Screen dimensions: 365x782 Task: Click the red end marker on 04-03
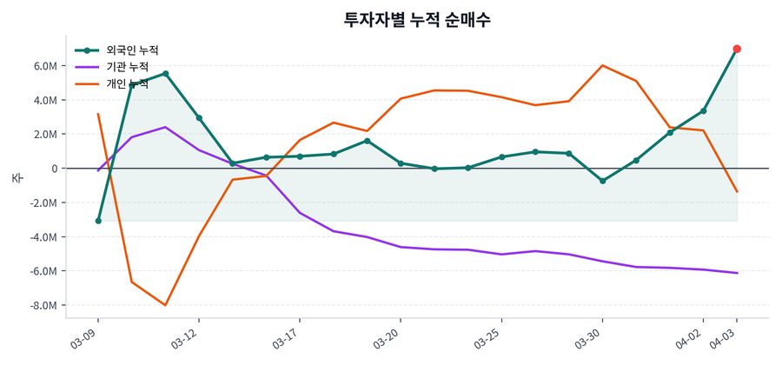[737, 49]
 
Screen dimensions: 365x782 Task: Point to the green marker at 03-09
[98, 221]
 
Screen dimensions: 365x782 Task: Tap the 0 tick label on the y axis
[53, 169]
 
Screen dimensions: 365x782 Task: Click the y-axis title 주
[17, 178]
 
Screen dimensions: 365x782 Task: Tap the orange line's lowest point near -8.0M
[165, 305]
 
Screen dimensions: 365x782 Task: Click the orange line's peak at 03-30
[602, 65]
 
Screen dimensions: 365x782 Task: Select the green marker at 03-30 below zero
[602, 181]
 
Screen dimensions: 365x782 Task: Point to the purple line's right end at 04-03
[737, 273]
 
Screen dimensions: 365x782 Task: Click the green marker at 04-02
[703, 111]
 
